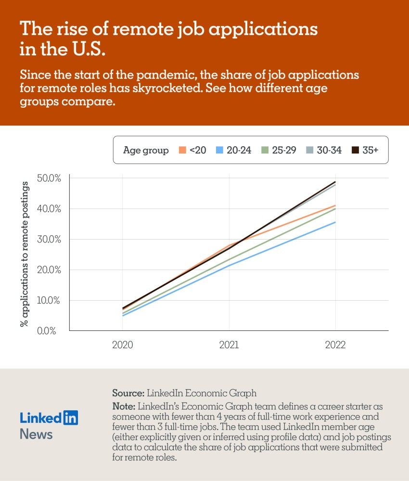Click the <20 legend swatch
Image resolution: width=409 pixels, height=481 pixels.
(x=182, y=150)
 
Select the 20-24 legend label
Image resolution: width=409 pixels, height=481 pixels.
(x=239, y=150)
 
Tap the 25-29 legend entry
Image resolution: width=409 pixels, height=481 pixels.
(x=284, y=150)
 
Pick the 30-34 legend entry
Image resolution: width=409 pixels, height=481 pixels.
(x=329, y=150)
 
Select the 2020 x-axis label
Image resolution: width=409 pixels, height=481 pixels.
(x=123, y=345)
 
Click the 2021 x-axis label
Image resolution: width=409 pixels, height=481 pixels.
(x=229, y=345)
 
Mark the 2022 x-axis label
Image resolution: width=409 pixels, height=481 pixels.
(x=335, y=345)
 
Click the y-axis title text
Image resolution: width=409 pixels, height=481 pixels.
(x=25, y=254)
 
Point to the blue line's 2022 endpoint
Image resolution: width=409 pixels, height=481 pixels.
(x=335, y=222)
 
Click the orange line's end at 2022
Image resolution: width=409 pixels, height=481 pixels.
(x=335, y=205)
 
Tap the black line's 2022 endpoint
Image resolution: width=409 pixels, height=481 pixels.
(x=335, y=182)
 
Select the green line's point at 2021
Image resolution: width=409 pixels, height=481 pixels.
(x=229, y=259)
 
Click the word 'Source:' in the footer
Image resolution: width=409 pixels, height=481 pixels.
(x=128, y=392)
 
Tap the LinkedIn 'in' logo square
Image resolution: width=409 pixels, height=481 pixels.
(x=70, y=418)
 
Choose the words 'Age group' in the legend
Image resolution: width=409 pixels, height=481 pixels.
(x=146, y=150)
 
